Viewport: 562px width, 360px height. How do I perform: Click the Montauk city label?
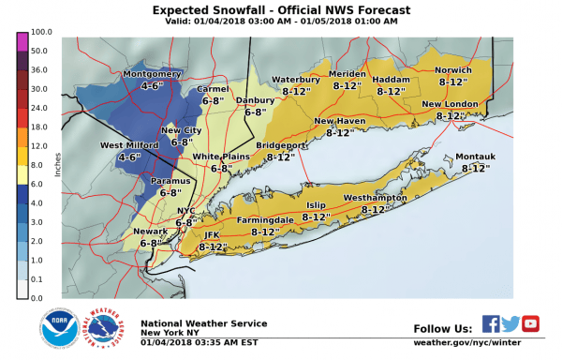click(x=472, y=157)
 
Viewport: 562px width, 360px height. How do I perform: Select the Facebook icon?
click(x=491, y=323)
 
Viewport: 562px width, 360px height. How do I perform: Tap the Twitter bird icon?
click(x=510, y=323)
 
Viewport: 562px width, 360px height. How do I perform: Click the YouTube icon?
click(x=530, y=323)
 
